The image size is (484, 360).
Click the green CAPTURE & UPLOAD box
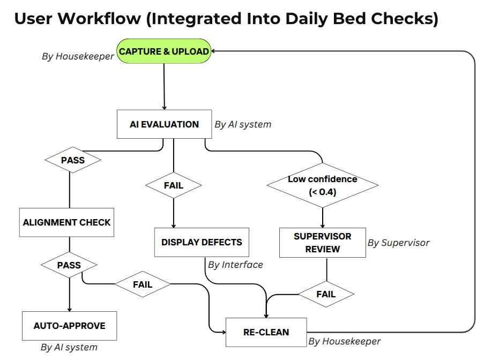pos(163,51)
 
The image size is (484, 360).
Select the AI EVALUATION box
pos(164,124)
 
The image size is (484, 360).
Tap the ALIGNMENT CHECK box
pos(66,222)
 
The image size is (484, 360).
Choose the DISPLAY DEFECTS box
pos(202,242)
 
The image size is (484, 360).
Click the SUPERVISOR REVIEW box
pos(322,243)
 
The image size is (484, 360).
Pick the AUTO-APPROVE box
pos(69,326)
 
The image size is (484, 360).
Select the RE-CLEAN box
pos(266,332)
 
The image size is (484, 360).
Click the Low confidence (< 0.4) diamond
pos(322,185)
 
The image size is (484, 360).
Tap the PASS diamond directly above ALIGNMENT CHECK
pos(72,160)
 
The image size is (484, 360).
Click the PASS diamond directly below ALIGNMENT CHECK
pos(69,265)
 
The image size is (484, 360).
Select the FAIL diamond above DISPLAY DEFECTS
pos(173,185)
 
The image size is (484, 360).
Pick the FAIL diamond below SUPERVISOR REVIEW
pos(326,294)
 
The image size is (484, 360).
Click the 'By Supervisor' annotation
pos(398,243)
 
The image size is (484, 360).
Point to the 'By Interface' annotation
pos(235,265)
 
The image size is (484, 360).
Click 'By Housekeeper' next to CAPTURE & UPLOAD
pos(78,56)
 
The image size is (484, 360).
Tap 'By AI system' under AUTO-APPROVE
pos(69,347)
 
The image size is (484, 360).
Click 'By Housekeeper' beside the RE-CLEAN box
pos(344,341)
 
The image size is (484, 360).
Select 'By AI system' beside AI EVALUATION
pos(243,124)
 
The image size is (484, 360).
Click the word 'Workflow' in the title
pos(101,18)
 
